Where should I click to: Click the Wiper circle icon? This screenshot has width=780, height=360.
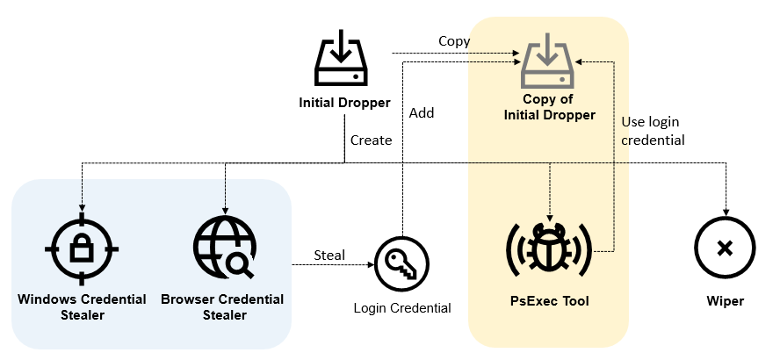[725, 248]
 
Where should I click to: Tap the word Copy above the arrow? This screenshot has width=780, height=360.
[454, 41]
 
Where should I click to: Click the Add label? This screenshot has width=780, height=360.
[422, 112]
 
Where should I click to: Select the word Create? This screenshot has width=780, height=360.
[371, 140]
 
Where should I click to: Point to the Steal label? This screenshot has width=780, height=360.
[329, 256]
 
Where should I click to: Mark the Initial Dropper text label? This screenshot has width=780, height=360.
[345, 103]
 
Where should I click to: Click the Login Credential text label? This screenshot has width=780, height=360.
[402, 307]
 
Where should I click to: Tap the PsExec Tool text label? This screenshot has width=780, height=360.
[550, 301]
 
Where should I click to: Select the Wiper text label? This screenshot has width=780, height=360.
[725, 301]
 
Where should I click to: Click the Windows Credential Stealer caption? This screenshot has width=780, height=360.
[82, 306]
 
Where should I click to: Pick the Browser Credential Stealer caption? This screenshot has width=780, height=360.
[222, 306]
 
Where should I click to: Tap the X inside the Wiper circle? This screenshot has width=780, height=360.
[725, 248]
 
